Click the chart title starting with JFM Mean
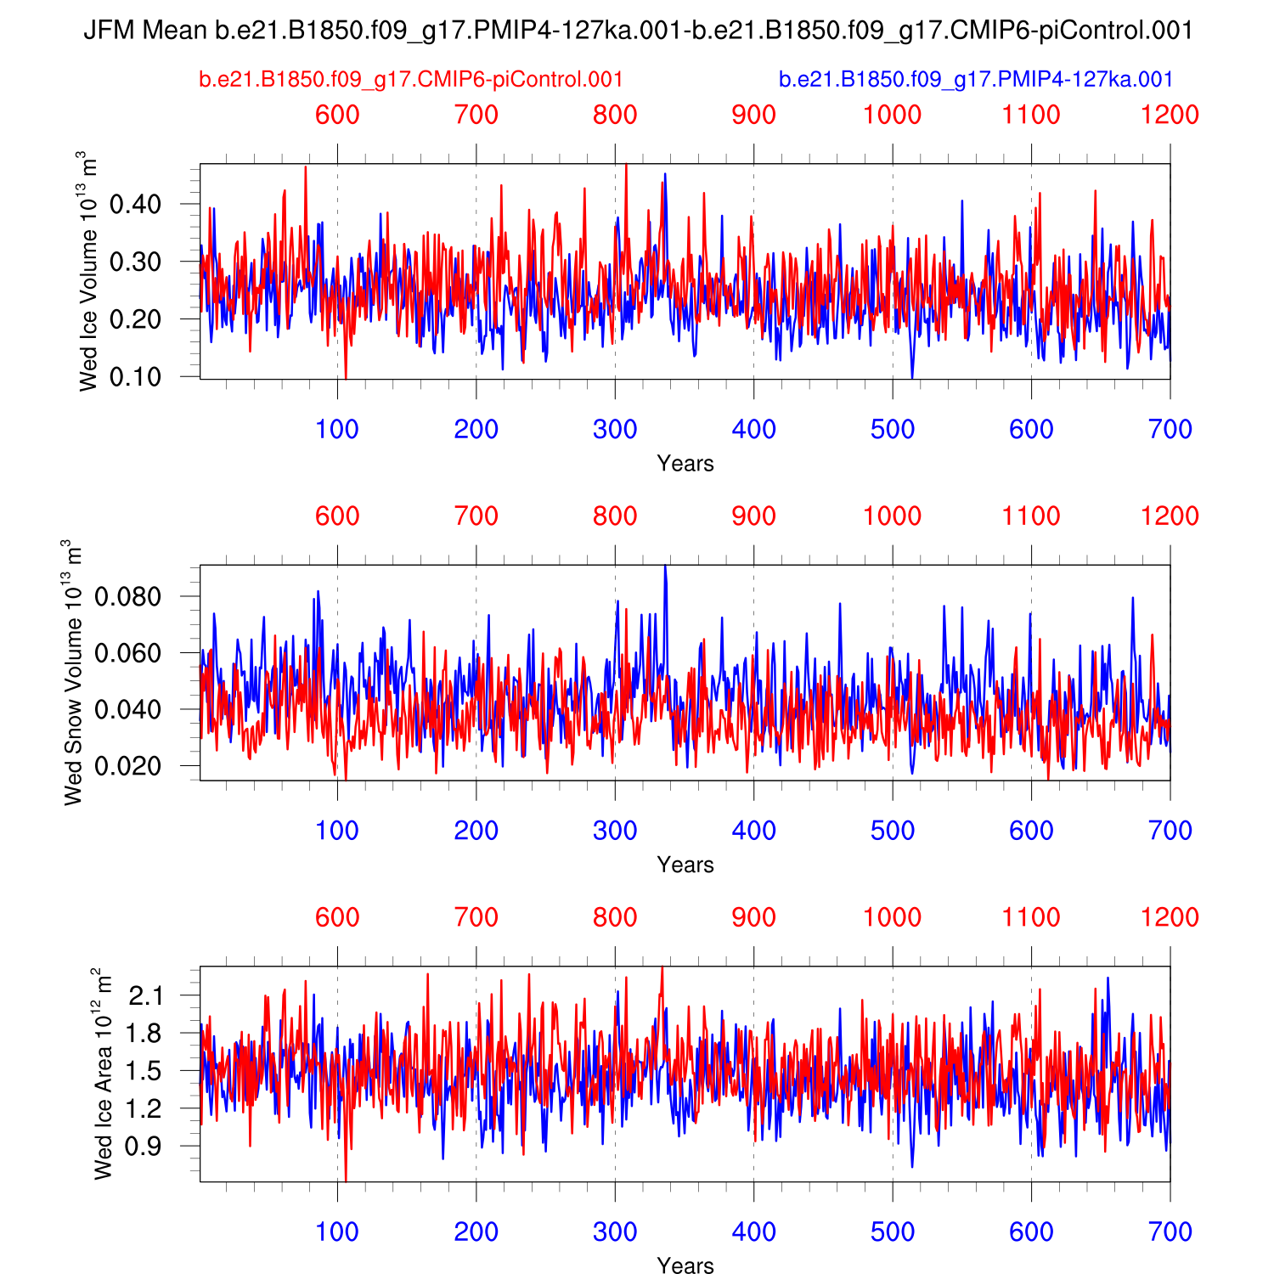(x=638, y=31)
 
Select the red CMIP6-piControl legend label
(x=411, y=80)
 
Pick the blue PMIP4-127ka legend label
(x=976, y=80)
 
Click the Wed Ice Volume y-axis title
(x=88, y=271)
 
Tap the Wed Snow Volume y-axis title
(x=73, y=672)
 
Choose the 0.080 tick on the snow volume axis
(x=127, y=597)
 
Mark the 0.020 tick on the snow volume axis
(x=127, y=766)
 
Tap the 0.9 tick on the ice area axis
(x=145, y=1147)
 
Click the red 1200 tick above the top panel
(x=1170, y=116)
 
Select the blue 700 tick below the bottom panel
(x=1170, y=1232)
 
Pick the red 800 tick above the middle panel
(x=615, y=516)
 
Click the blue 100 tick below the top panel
(x=337, y=430)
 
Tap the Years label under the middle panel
(x=685, y=865)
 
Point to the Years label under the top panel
(x=685, y=464)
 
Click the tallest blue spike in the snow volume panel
(x=665, y=567)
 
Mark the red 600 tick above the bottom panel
(x=337, y=917)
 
